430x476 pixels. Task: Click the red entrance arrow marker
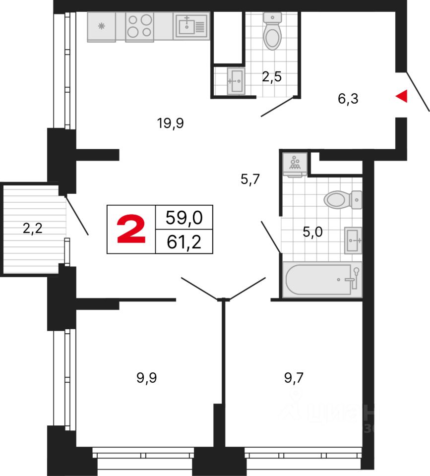point(402,97)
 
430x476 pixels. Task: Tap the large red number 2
point(131,230)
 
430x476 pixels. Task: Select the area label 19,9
point(171,123)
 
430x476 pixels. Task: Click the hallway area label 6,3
point(348,99)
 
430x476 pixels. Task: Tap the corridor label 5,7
point(250,179)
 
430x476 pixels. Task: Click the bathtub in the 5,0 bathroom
point(322,280)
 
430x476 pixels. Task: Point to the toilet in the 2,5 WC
point(272,32)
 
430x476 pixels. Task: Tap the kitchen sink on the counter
point(190,26)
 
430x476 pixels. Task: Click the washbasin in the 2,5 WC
point(236,80)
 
